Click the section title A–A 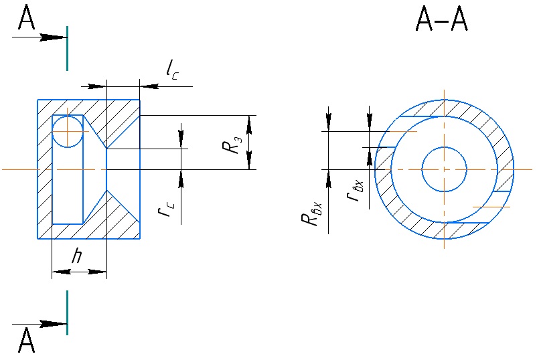442,22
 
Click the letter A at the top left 27,18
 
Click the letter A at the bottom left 27,341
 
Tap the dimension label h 78,256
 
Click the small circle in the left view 67,131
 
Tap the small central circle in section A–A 444,169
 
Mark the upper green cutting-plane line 67,48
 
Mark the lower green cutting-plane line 67,312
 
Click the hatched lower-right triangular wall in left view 124,217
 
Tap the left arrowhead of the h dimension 58,272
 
